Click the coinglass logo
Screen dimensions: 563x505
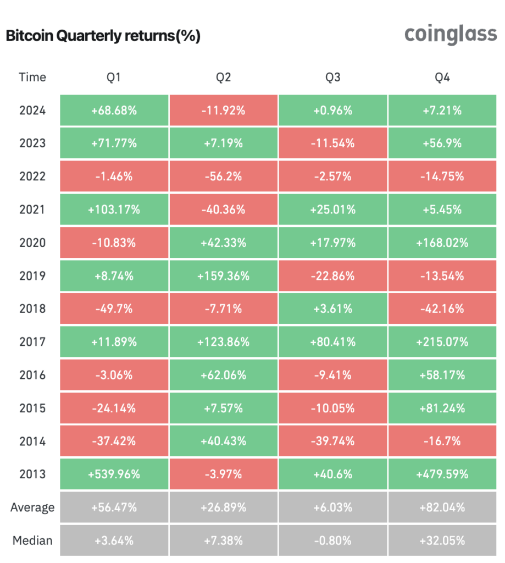click(451, 34)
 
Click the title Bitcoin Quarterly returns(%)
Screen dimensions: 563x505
click(103, 36)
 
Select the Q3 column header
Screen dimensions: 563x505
click(332, 78)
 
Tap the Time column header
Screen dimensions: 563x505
click(32, 78)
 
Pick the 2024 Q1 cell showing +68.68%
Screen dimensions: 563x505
click(114, 111)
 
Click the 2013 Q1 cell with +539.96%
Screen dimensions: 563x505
click(114, 474)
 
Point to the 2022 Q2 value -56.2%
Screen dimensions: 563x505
click(223, 176)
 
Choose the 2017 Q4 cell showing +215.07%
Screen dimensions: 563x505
click(442, 342)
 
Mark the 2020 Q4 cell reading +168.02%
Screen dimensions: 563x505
click(442, 242)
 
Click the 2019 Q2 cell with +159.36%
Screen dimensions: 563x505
click(223, 276)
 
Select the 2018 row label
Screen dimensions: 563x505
click(32, 309)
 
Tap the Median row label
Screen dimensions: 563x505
click(32, 540)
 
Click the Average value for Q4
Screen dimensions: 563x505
click(442, 507)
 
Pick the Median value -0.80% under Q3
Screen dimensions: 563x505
click(332, 540)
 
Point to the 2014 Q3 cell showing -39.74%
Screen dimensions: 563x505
click(332, 441)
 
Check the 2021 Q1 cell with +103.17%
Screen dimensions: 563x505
click(114, 209)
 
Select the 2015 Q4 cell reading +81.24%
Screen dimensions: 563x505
click(442, 408)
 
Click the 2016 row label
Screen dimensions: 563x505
click(32, 375)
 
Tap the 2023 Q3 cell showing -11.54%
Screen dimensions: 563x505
click(332, 143)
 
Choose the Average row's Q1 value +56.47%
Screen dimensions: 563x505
click(114, 507)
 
